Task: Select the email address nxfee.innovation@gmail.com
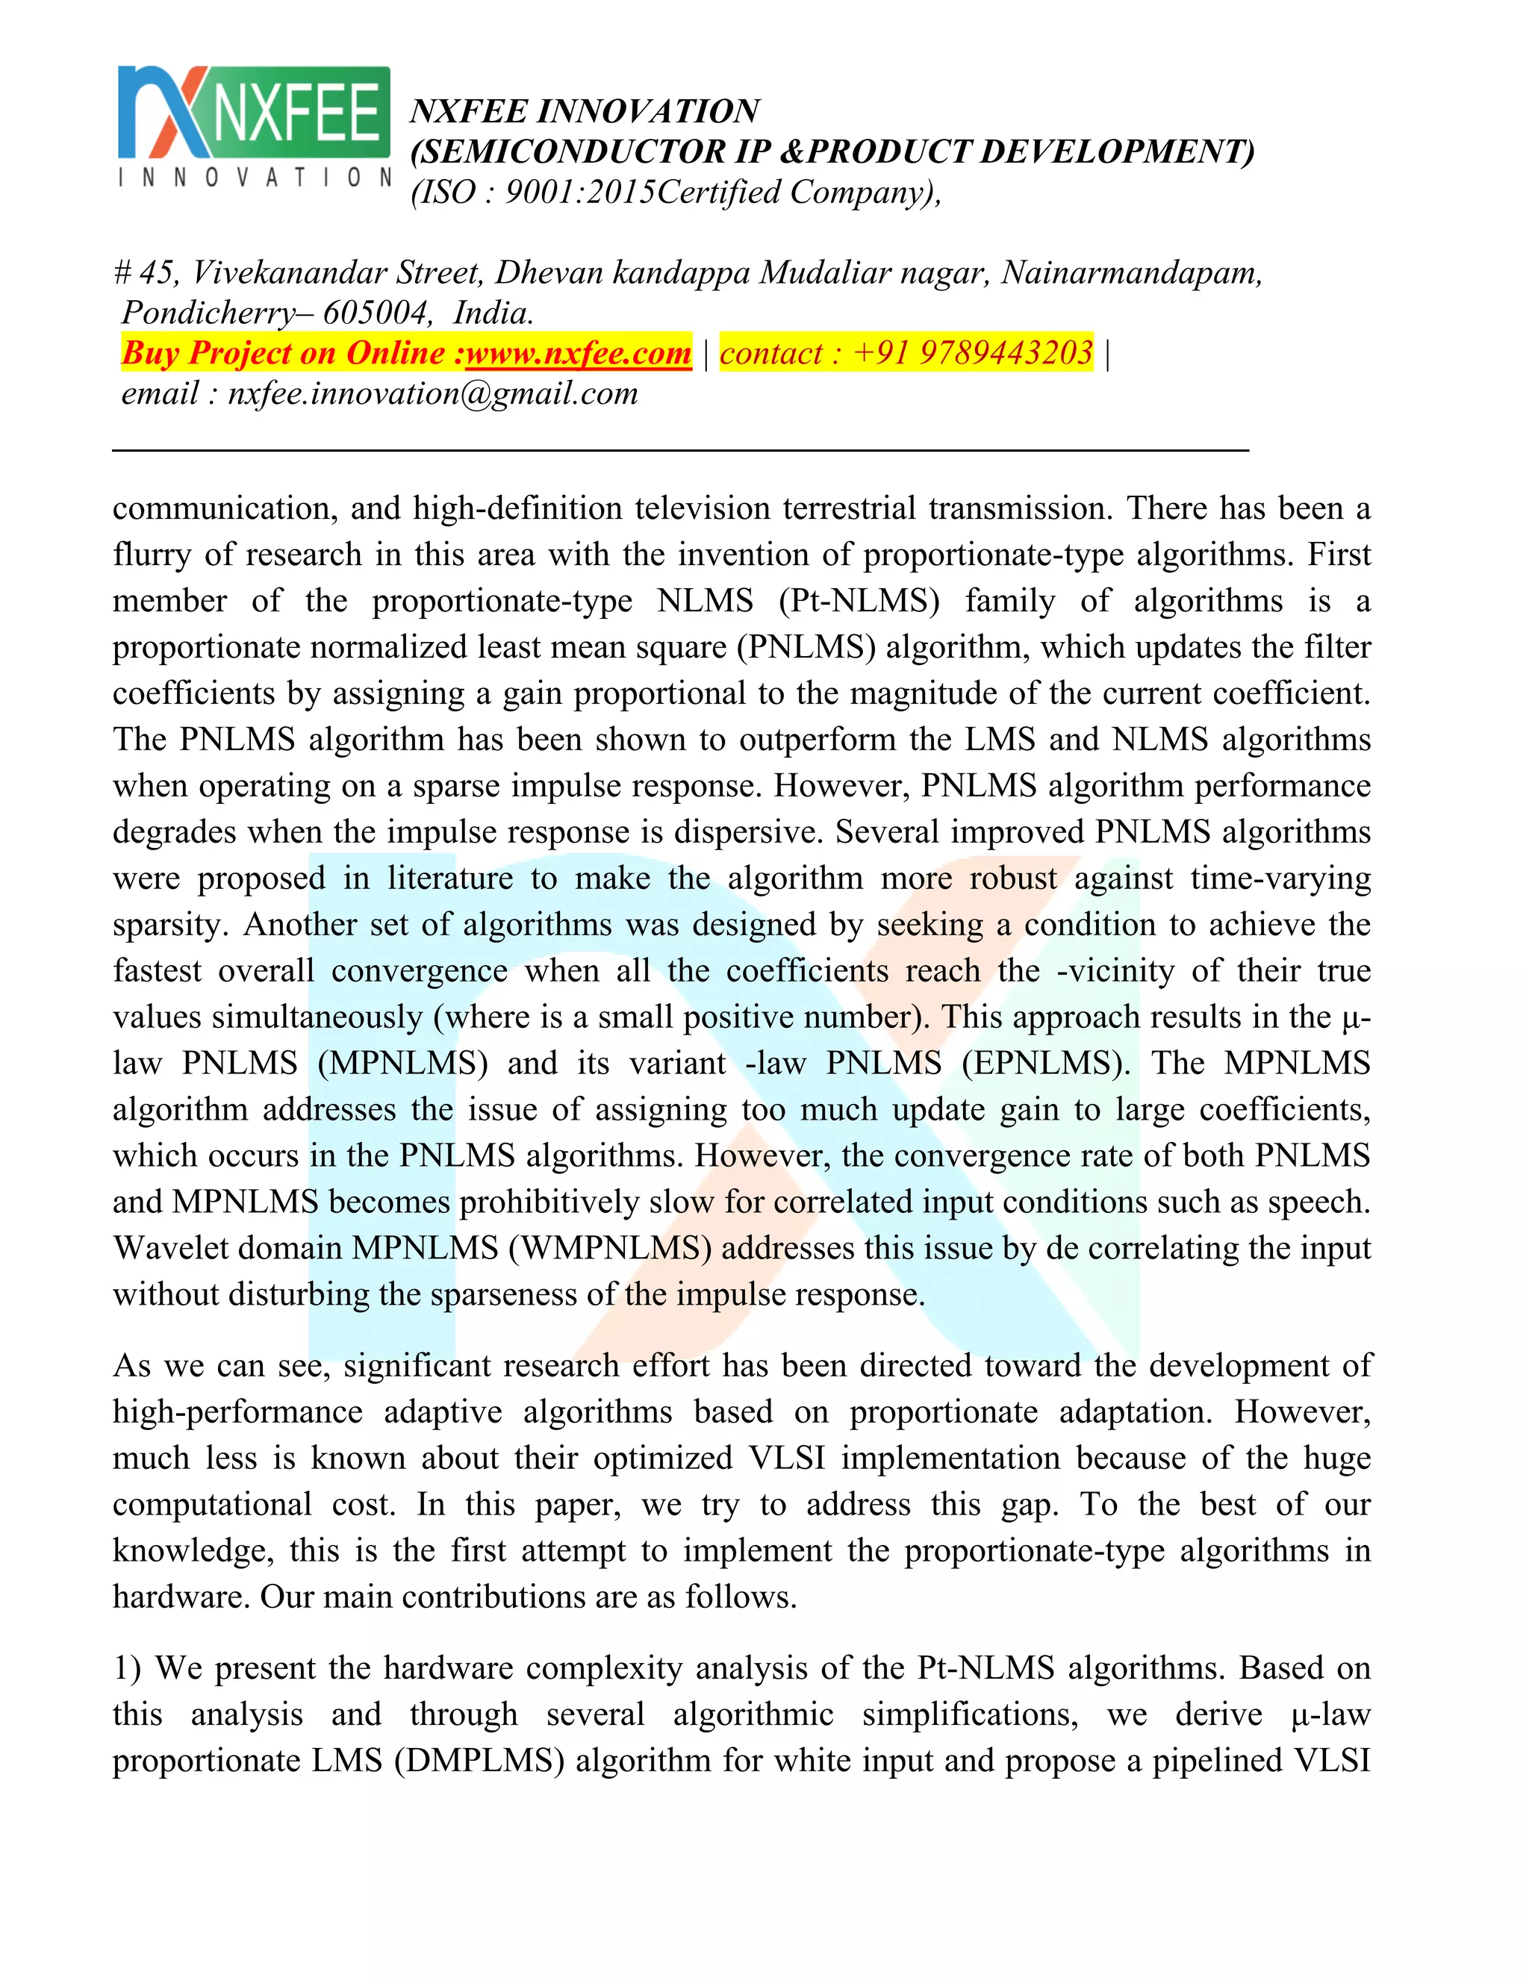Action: pos(432,393)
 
